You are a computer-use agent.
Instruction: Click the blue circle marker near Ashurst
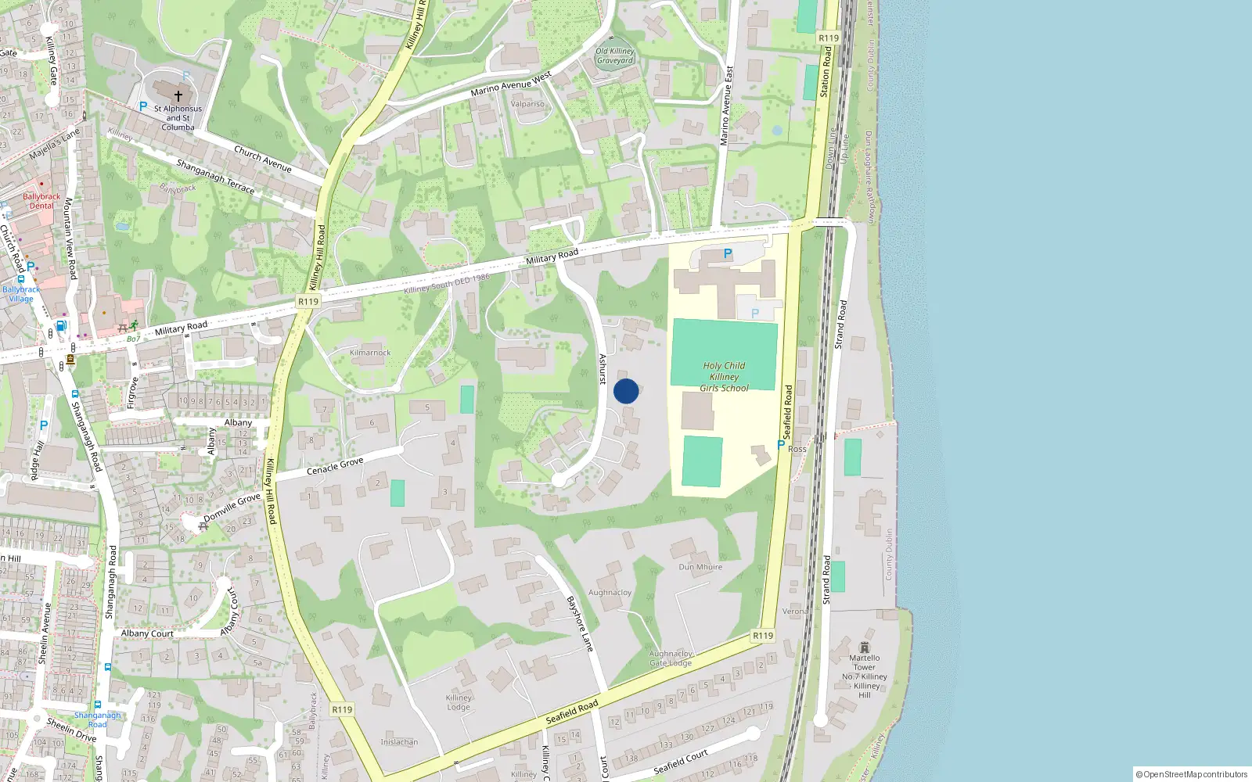tap(626, 391)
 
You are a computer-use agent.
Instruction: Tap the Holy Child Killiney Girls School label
tap(724, 376)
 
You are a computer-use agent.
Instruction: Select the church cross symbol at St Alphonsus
tap(178, 96)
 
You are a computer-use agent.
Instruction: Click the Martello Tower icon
tap(864, 647)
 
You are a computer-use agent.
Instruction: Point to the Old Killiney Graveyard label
tap(615, 56)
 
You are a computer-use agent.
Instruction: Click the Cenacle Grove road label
tap(335, 466)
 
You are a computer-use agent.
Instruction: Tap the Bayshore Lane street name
tap(580, 623)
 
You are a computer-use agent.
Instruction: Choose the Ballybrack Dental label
tap(41, 201)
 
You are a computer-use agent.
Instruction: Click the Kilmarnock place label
tap(370, 353)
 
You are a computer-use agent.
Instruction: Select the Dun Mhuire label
tap(700, 567)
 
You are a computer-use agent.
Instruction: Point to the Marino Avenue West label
tap(511, 84)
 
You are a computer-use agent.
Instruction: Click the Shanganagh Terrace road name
tap(215, 177)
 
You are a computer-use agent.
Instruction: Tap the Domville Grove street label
tap(232, 508)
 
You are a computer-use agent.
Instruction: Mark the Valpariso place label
tap(527, 104)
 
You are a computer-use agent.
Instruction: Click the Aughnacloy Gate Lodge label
tap(671, 658)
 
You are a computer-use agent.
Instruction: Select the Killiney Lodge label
tap(459, 702)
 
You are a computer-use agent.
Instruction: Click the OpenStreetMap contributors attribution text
tap(1192, 775)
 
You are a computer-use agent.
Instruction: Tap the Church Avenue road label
tap(263, 159)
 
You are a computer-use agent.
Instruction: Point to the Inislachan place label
tap(399, 742)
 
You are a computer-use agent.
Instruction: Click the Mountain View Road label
tap(70, 239)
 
